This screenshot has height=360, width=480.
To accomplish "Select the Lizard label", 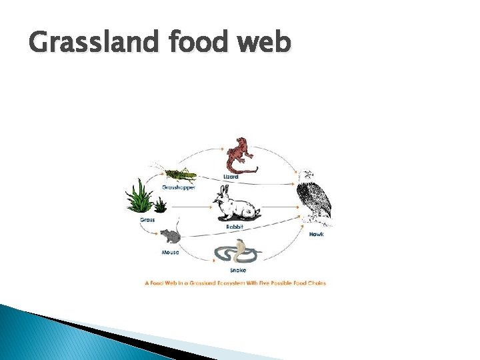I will coord(230,177).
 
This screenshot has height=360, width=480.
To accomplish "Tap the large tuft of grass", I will coord(141,196).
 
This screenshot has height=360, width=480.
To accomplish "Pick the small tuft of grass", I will coord(161,205).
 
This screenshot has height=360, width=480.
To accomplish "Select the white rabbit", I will coord(237,206).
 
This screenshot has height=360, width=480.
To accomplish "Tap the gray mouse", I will coord(171,237).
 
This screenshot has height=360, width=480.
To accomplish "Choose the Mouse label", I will coord(170,253).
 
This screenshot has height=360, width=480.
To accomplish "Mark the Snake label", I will coord(237,270).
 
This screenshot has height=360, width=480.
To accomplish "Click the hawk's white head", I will coord(305,177).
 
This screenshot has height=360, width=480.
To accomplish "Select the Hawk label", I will coord(316,235).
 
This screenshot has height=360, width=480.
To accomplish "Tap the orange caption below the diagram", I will coord(235,283).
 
